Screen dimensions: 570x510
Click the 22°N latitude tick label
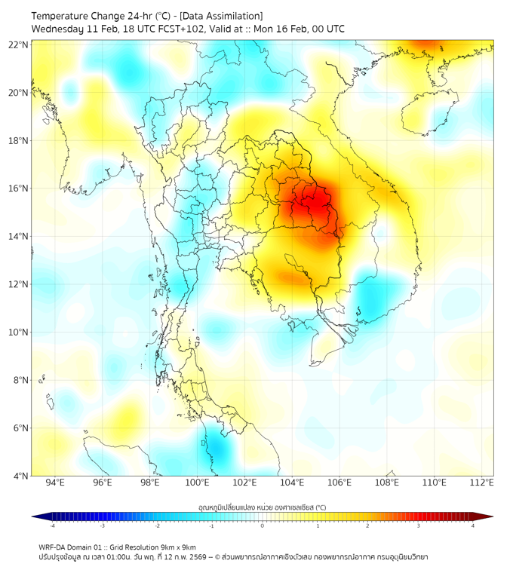(19, 44)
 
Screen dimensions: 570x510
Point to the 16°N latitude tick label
(19, 188)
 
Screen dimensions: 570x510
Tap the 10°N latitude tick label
(19, 332)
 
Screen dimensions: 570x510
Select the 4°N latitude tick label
(20, 476)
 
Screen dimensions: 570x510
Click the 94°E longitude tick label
(55, 483)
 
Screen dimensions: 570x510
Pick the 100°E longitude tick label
(198, 483)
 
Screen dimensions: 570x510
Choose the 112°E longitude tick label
(482, 483)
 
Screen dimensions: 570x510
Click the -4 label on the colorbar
(52, 526)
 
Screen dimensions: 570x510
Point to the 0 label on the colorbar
(263, 526)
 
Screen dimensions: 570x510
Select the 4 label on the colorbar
(472, 526)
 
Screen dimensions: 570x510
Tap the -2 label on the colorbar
(157, 526)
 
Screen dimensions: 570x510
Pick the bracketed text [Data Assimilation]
(223, 16)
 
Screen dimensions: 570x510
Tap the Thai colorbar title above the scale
(262, 507)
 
